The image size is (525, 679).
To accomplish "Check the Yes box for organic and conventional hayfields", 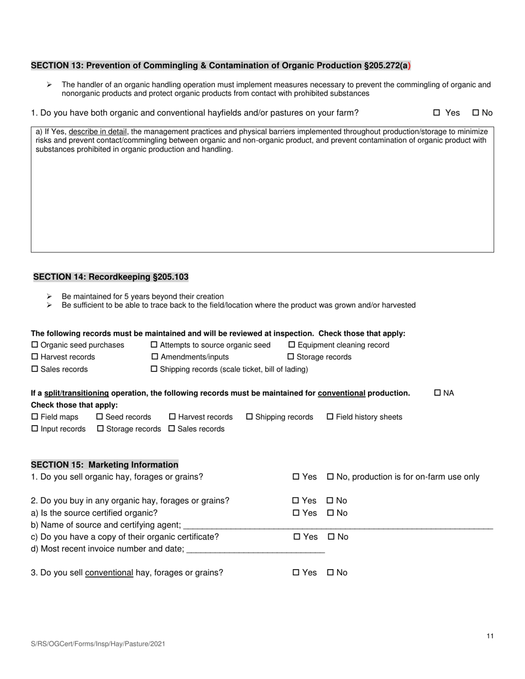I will pos(437,113).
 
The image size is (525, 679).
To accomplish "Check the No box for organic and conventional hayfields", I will pos(475,113).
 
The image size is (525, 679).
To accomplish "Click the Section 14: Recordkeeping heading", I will pos(111,277).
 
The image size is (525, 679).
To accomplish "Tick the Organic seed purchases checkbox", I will pos(35,345).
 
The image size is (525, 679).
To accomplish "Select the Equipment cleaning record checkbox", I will pos(292,345).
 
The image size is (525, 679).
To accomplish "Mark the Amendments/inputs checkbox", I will pos(154,357).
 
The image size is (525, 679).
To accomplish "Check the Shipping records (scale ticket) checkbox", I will pos(154,369).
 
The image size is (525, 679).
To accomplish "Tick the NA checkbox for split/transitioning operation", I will pos(438,393).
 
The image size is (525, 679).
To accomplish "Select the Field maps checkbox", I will pos(35,417).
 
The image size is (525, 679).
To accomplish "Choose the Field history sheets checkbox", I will pos(330,417).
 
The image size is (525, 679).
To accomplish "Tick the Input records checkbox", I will pos(35,429).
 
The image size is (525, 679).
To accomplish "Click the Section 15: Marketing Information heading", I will pos(104,465).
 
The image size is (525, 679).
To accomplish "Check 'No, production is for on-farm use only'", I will pos(330,477).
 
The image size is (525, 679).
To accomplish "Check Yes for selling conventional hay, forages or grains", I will pos(296,573).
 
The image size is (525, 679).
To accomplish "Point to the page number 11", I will pos(490,636).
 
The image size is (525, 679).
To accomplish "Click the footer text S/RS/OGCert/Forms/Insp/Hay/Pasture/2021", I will pos(98,644).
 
